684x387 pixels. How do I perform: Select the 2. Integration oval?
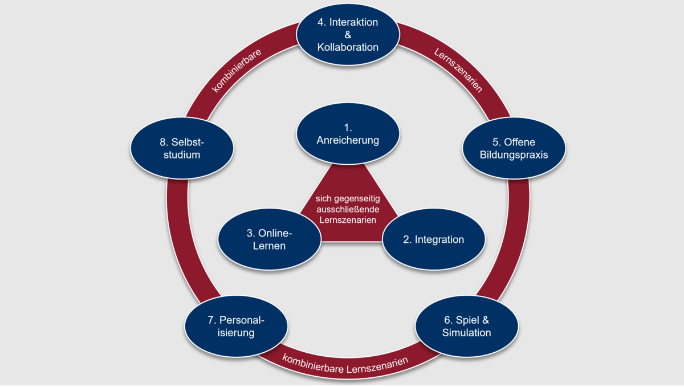click(433, 239)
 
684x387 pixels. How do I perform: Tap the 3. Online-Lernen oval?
click(270, 239)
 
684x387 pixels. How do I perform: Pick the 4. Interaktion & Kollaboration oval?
click(348, 35)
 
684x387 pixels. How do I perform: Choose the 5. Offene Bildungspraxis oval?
click(514, 148)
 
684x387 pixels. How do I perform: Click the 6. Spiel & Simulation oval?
click(466, 326)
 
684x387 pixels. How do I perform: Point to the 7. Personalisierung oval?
click(235, 326)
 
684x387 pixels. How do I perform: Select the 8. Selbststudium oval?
click(182, 148)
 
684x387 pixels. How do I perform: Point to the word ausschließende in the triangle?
click(347, 209)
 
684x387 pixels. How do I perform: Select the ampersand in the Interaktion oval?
click(348, 35)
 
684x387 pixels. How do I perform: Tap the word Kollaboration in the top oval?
click(348, 47)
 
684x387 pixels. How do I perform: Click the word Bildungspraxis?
click(514, 154)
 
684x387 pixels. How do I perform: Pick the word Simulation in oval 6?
click(466, 333)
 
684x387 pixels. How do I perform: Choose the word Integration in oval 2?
click(439, 239)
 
